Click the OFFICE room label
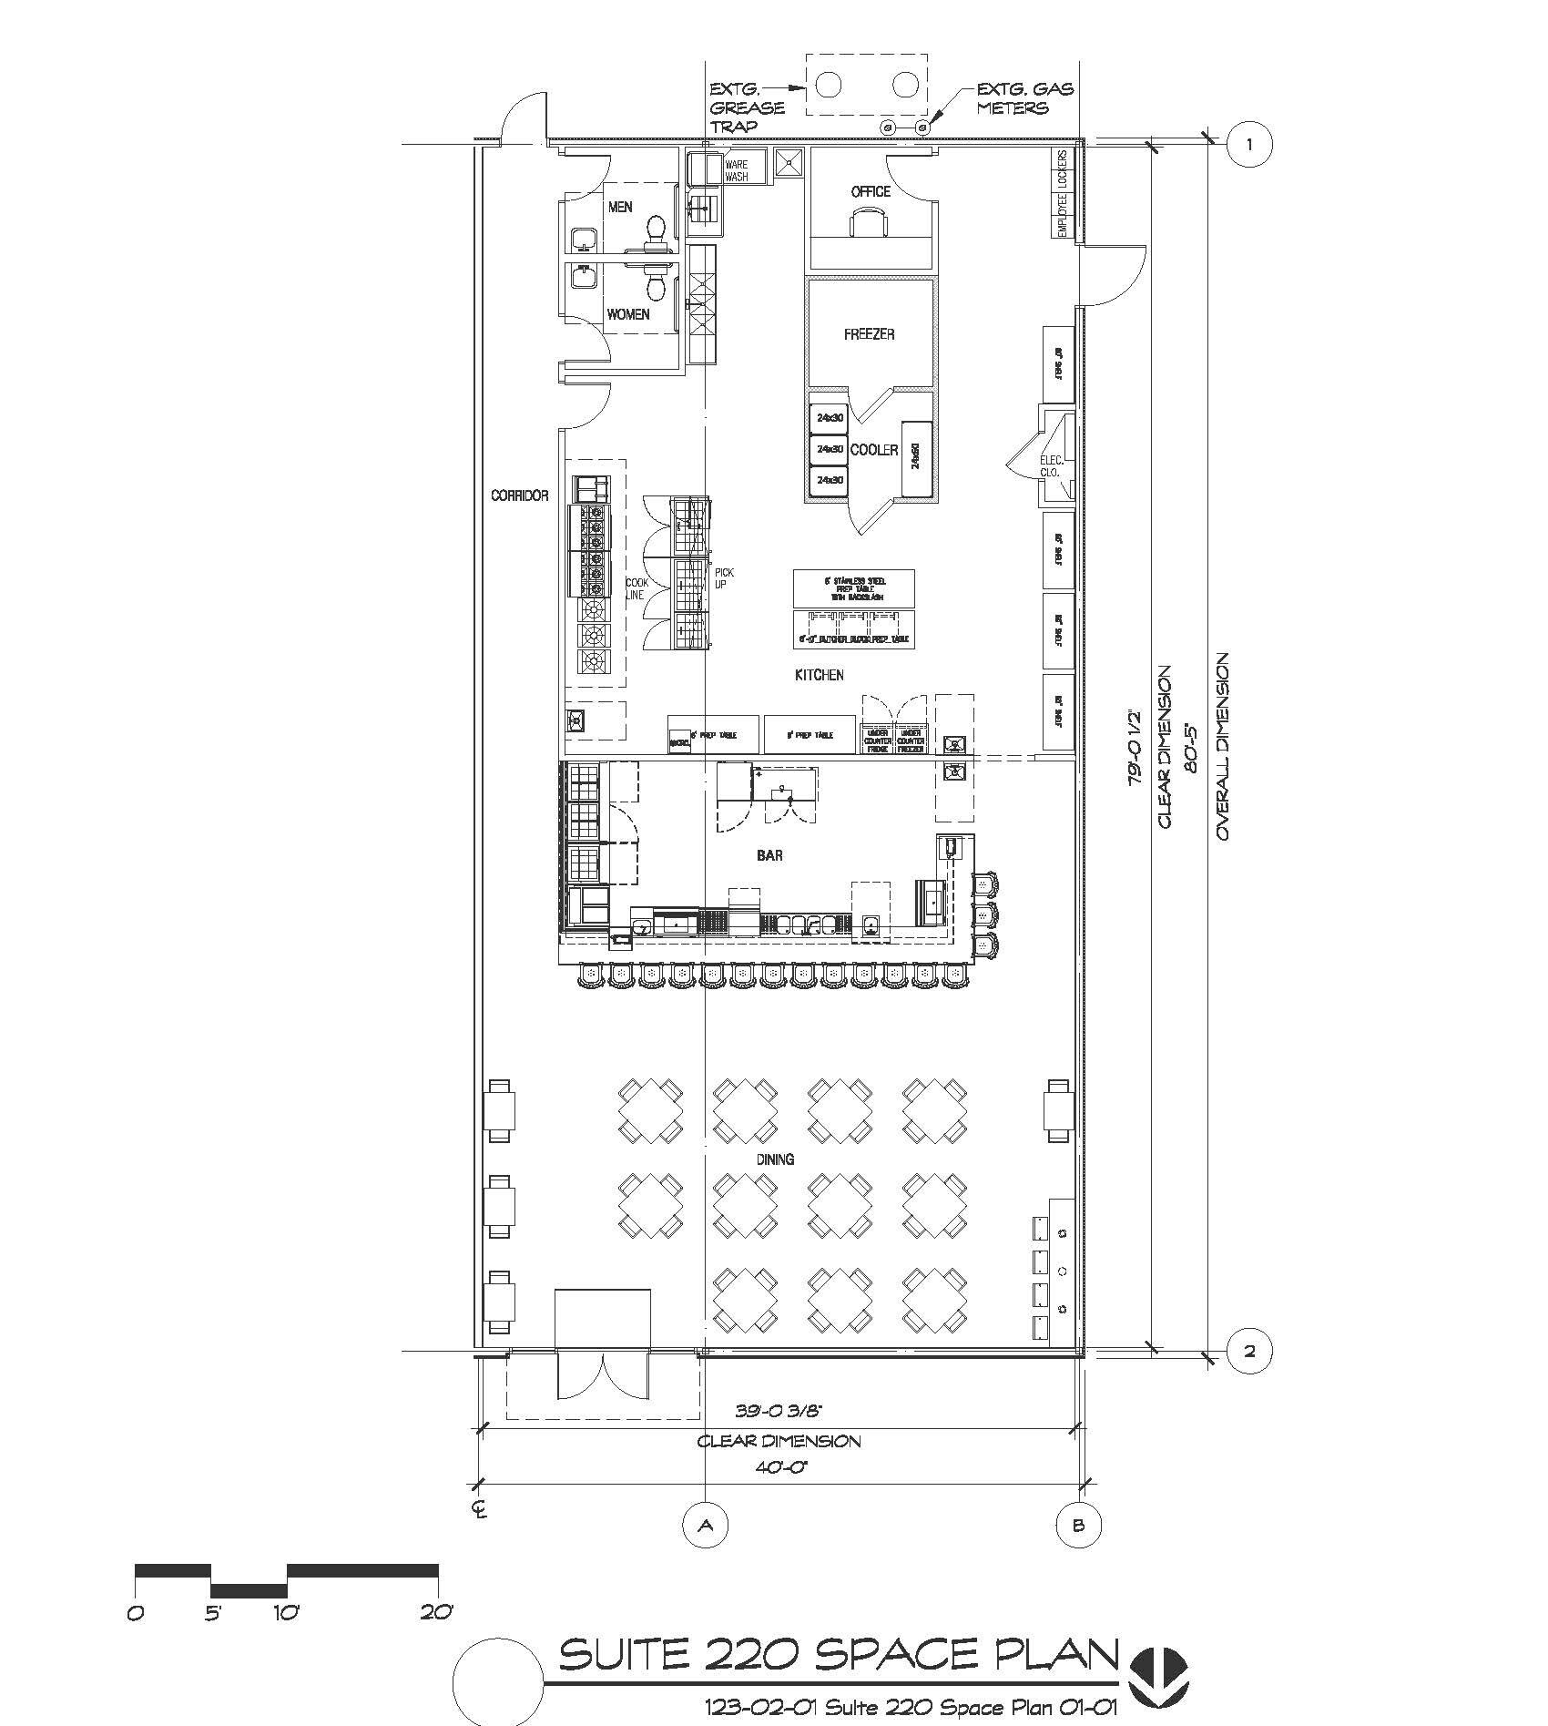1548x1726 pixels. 871,191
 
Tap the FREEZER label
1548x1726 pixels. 869,334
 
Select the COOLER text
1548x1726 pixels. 874,450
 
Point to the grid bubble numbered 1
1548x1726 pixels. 1248,144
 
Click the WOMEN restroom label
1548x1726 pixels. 628,314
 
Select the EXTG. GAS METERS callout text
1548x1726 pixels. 1024,98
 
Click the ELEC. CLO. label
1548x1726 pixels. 1051,466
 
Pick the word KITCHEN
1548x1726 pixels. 820,675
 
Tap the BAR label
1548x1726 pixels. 769,855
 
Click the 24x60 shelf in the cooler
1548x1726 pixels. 917,460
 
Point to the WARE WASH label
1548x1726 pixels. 737,170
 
